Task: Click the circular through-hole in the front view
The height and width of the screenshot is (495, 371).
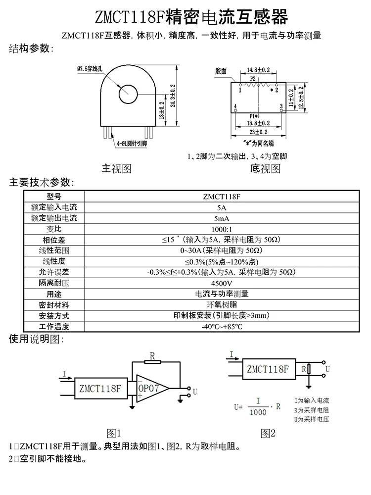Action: click(x=127, y=94)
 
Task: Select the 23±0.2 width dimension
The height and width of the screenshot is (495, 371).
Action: click(x=258, y=132)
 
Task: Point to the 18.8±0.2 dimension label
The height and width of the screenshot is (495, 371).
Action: click(x=258, y=122)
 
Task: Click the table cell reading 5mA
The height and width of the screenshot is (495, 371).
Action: click(x=221, y=218)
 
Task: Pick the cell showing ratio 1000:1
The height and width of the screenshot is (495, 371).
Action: click(x=221, y=229)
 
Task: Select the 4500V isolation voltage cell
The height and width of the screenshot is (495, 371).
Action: click(x=221, y=283)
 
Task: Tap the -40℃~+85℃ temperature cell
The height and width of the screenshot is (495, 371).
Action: click(x=221, y=327)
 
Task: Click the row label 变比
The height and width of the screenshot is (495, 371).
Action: click(x=54, y=229)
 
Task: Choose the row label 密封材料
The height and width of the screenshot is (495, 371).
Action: click(x=54, y=305)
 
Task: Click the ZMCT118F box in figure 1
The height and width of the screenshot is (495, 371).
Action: click(x=99, y=389)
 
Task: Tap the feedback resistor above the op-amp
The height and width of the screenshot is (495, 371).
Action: click(x=153, y=362)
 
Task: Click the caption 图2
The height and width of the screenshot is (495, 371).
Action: click(x=268, y=433)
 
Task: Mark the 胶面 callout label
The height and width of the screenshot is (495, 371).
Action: click(x=221, y=71)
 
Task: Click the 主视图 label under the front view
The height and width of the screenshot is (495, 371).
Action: click(x=116, y=169)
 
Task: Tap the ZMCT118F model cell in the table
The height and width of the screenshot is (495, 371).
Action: click(x=221, y=196)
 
